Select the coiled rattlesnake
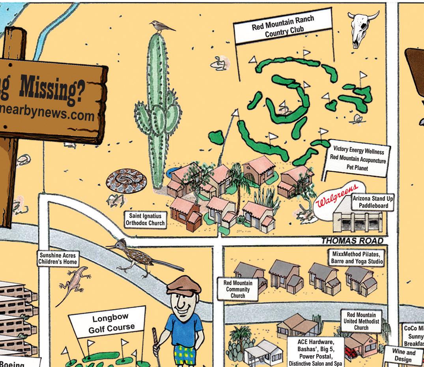(126, 182)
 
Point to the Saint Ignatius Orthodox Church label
(145, 219)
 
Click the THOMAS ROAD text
(352, 240)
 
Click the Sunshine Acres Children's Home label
(58, 258)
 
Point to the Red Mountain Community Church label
(238, 289)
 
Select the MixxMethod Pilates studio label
(357, 257)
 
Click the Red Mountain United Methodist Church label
(361, 321)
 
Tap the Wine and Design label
(403, 355)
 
